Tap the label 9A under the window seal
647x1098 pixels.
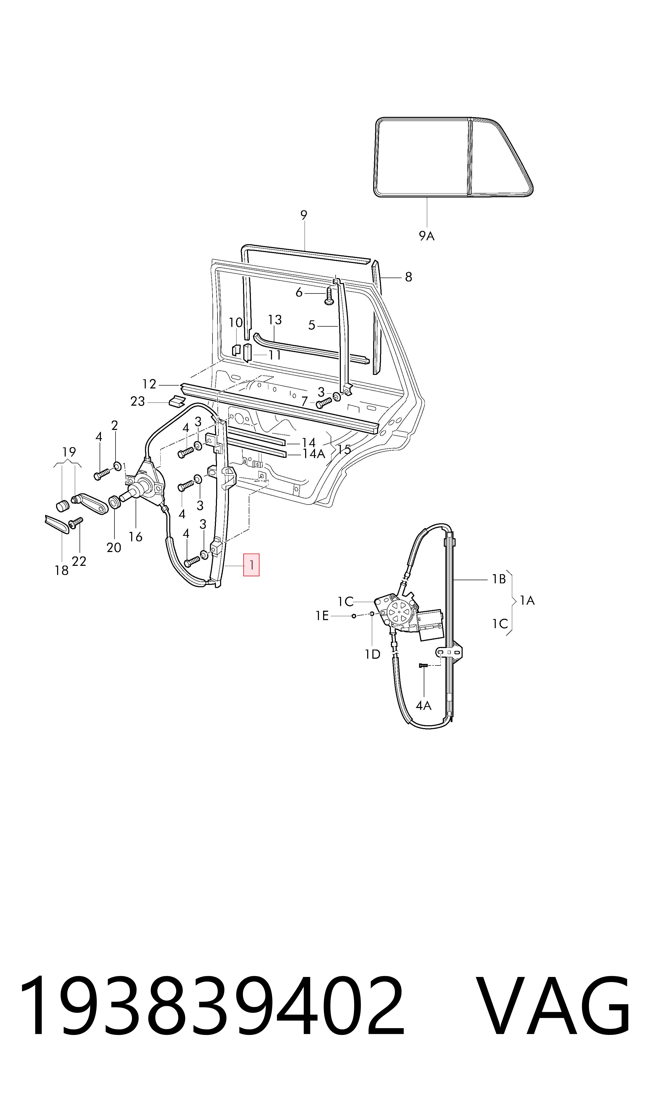(x=427, y=236)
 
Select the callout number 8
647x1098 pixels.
(x=409, y=277)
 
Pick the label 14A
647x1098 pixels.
(x=314, y=454)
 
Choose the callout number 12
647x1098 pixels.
(x=149, y=384)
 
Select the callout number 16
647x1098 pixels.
(x=136, y=537)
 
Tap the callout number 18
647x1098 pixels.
(x=62, y=570)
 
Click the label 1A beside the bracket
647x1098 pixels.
(x=527, y=601)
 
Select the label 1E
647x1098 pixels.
(x=322, y=616)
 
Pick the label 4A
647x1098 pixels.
(x=423, y=706)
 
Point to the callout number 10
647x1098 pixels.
(x=236, y=323)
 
